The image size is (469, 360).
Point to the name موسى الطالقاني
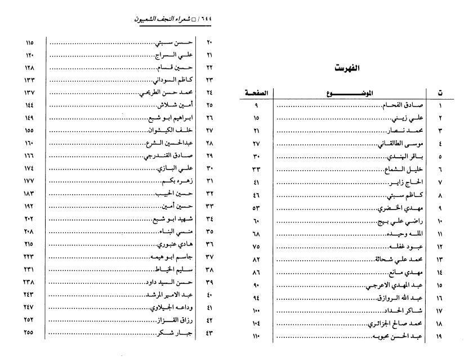coord(401,144)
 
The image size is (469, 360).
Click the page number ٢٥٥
coord(29,332)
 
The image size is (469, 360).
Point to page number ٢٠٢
coord(29,219)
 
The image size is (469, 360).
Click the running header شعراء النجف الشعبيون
coord(168,19)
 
